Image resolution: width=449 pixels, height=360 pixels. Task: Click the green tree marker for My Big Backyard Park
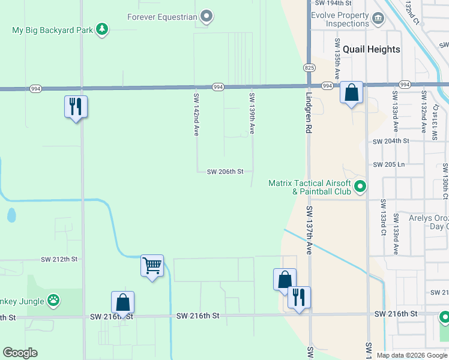pyautogui.click(x=102, y=29)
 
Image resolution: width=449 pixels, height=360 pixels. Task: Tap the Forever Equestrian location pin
pyautogui.click(x=206, y=16)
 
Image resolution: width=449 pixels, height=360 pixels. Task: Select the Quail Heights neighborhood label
pyautogui.click(x=376, y=49)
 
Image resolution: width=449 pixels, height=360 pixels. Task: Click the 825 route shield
pyautogui.click(x=309, y=67)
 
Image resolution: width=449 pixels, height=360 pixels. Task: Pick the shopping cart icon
pyautogui.click(x=152, y=265)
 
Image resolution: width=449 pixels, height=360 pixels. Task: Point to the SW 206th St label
pyautogui.click(x=225, y=172)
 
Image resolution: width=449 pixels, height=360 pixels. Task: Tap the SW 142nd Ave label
pyautogui.click(x=196, y=114)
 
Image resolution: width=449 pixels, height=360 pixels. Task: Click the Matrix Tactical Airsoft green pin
pyautogui.click(x=360, y=187)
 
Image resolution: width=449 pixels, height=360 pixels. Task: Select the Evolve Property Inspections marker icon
pyautogui.click(x=378, y=19)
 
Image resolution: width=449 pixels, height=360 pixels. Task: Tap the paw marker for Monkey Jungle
pyautogui.click(x=54, y=299)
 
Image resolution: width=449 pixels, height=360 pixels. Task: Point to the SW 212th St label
pyautogui.click(x=60, y=259)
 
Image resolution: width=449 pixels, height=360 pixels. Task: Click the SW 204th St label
pyautogui.click(x=391, y=141)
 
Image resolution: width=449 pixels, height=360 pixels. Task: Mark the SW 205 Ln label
pyautogui.click(x=389, y=164)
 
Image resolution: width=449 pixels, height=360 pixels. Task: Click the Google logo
pyautogui.click(x=20, y=353)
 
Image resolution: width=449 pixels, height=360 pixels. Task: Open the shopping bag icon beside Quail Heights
pyautogui.click(x=352, y=92)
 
